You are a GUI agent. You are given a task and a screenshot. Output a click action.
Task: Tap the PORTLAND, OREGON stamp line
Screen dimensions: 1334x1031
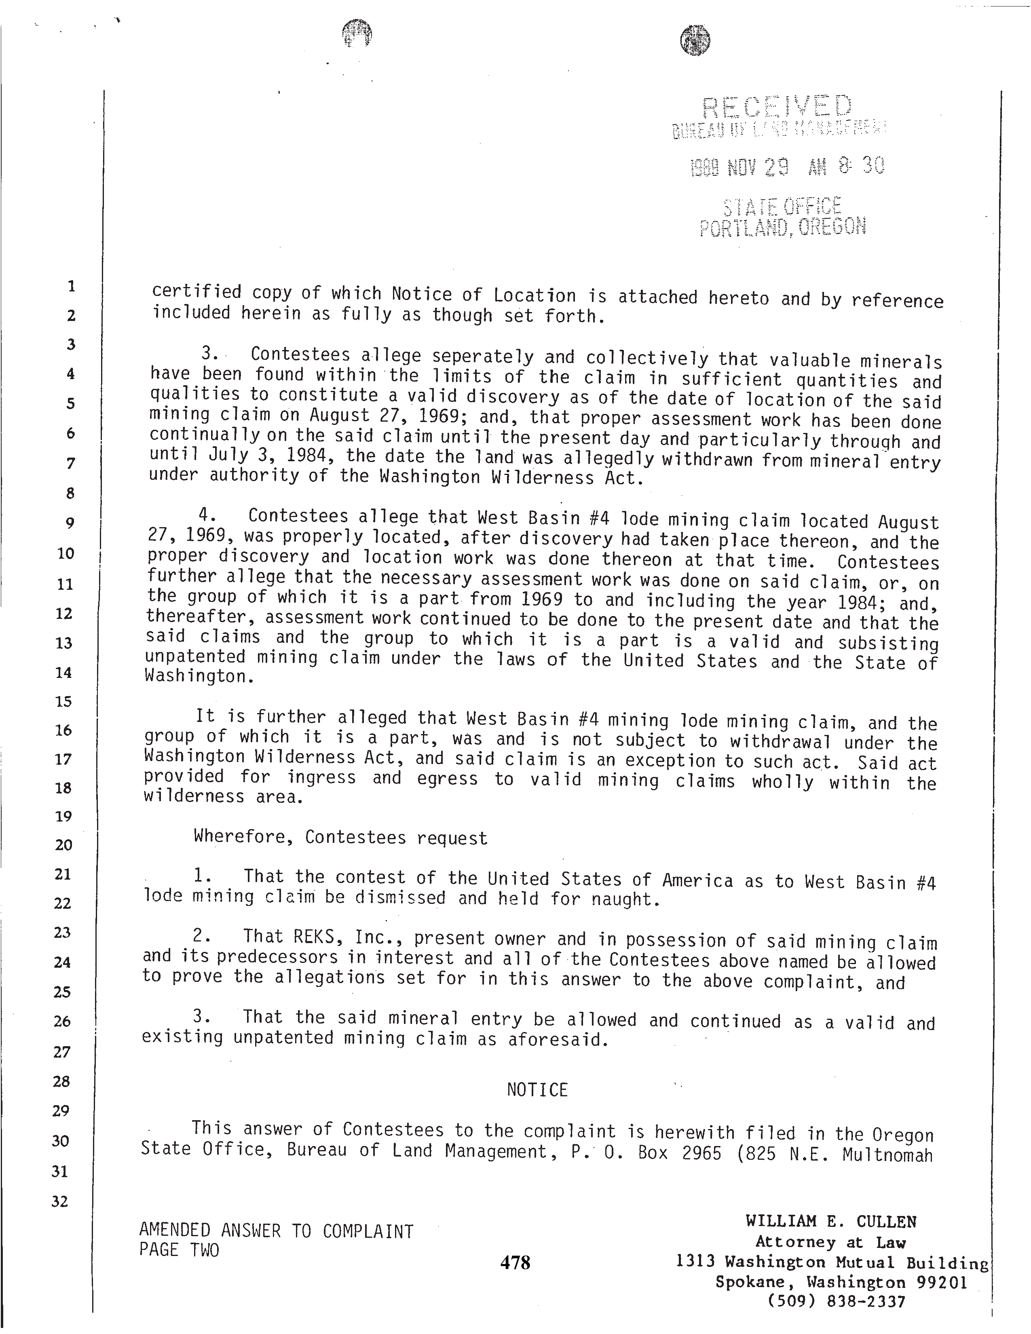pyautogui.click(x=782, y=227)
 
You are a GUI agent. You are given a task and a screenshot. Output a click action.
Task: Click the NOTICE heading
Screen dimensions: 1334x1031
pyautogui.click(x=537, y=1090)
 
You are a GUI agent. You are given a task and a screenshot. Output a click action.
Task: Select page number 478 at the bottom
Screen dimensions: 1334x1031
pyautogui.click(x=515, y=1262)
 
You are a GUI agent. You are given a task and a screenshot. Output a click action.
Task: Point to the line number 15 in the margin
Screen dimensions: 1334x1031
pyautogui.click(x=63, y=701)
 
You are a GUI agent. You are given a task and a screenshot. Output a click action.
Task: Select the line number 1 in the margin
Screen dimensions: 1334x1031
pyautogui.click(x=71, y=286)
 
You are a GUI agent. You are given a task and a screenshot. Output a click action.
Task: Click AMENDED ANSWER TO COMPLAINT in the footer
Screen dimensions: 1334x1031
pyautogui.click(x=276, y=1231)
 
